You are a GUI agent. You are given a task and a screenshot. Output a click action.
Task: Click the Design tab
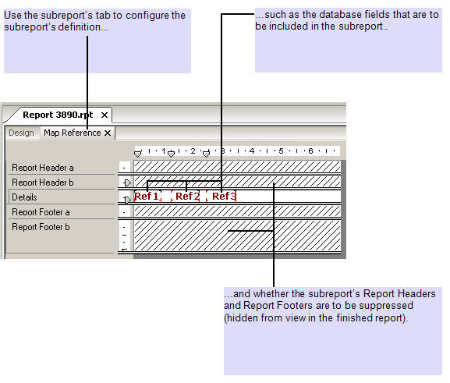[21, 133]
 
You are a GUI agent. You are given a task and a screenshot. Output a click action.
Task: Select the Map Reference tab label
[72, 133]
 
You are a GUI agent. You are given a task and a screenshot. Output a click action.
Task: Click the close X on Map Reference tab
[108, 133]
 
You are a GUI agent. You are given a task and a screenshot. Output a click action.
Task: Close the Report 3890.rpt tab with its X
[105, 115]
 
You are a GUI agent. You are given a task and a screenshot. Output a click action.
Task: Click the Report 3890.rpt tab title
[58, 115]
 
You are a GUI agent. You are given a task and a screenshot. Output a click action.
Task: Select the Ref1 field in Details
[147, 197]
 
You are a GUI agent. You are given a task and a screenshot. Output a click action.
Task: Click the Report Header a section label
[43, 168]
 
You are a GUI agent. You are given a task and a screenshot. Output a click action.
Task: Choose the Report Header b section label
[43, 183]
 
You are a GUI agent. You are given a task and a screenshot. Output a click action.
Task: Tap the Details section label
[24, 197]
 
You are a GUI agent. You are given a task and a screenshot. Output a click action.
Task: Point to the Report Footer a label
[41, 212]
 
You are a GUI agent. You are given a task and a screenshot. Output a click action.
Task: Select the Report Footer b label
[41, 227]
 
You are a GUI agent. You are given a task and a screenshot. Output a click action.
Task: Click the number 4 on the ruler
[252, 151]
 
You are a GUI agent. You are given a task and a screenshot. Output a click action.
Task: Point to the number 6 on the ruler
[310, 151]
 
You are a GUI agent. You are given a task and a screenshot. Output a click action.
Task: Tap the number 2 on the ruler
[193, 151]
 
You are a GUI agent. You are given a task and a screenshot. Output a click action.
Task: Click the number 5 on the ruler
[281, 151]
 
